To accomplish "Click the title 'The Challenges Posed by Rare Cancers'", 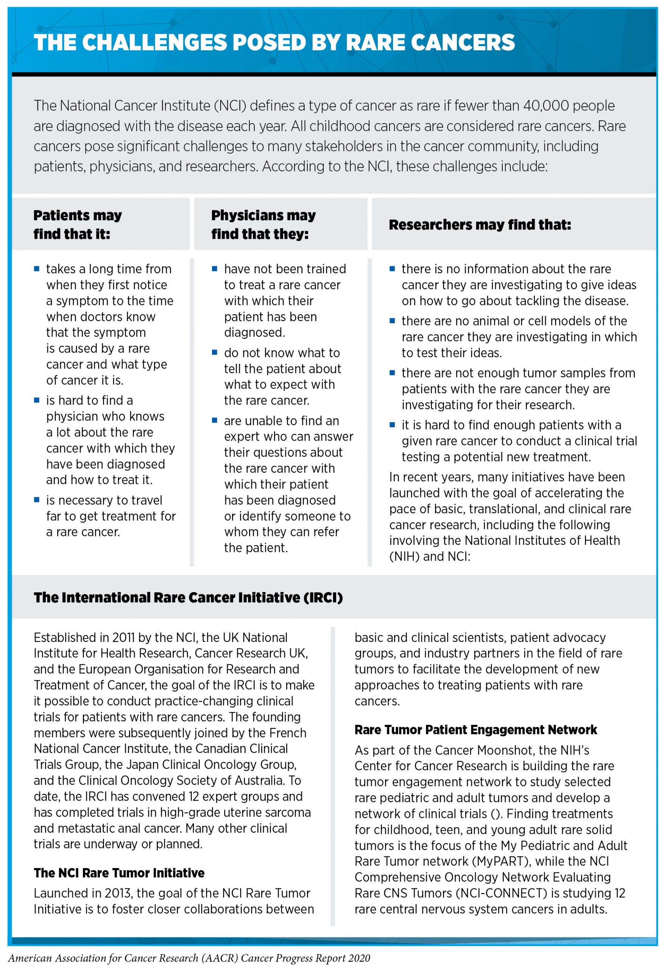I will tap(274, 42).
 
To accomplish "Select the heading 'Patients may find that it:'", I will tap(78, 225).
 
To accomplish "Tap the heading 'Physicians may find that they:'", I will tap(263, 225).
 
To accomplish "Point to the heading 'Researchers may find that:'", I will tap(480, 225).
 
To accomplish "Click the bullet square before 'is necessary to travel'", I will tap(37, 500).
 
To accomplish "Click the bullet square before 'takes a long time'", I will tap(37, 269).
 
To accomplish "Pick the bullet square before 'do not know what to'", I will tap(215, 353).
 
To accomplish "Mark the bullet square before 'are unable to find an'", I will tap(215, 420).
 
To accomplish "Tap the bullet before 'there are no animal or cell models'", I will tap(392, 321).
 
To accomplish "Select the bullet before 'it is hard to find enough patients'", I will tap(392, 425).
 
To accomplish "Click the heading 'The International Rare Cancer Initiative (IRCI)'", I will tap(188, 598).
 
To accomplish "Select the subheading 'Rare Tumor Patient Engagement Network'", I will tap(475, 730).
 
